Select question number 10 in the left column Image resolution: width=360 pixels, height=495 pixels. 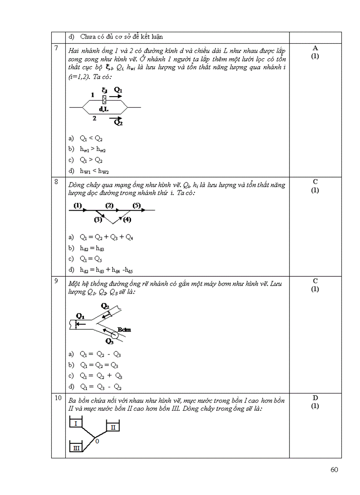pyautogui.click(x=58, y=398)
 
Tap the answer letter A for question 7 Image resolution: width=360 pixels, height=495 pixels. pyautogui.click(x=315, y=48)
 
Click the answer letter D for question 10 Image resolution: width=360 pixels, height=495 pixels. pyautogui.click(x=315, y=398)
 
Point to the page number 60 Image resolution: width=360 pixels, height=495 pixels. pyautogui.click(x=334, y=469)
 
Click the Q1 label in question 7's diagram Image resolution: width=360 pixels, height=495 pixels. pyautogui.click(x=118, y=90)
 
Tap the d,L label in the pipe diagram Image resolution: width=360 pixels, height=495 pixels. pyautogui.click(x=104, y=109)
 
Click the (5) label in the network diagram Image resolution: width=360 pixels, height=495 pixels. pyautogui.click(x=136, y=205)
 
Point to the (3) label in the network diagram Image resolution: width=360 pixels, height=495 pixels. pyautogui.click(x=98, y=219)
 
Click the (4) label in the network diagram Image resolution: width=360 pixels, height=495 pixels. pyautogui.click(x=127, y=219)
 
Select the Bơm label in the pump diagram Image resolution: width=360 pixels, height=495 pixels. pyautogui.click(x=124, y=329)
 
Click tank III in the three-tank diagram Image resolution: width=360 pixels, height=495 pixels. pyautogui.click(x=76, y=448)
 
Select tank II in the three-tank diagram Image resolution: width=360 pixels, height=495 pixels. pyautogui.click(x=112, y=427)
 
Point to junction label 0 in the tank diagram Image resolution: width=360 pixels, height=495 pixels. pyautogui.click(x=97, y=441)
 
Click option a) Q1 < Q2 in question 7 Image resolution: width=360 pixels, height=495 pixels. pyautogui.click(x=91, y=138)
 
